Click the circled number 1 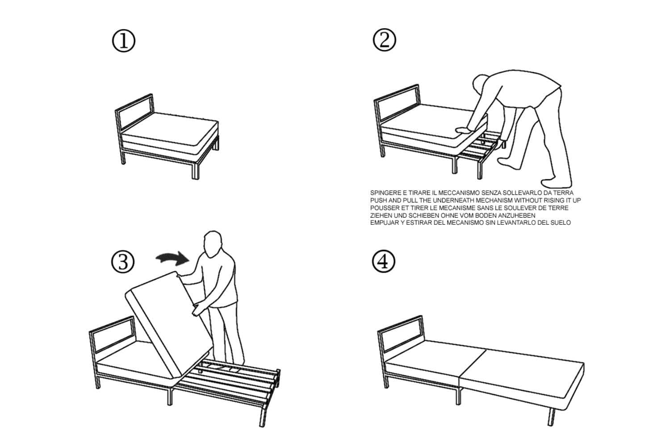[x=123, y=41]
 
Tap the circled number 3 [x=123, y=262]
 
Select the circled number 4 [x=383, y=262]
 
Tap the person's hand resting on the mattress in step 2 [x=461, y=130]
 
